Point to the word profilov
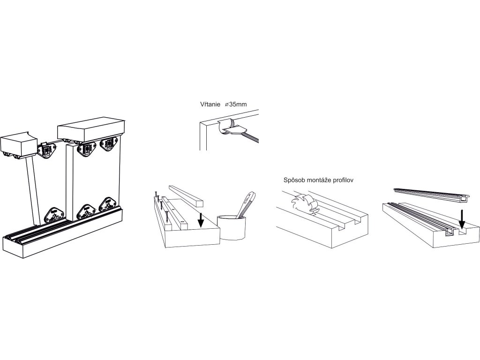coord(354,180)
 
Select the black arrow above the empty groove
coord(462,218)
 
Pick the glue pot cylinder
coord(232,227)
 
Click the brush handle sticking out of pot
coord(247,203)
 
